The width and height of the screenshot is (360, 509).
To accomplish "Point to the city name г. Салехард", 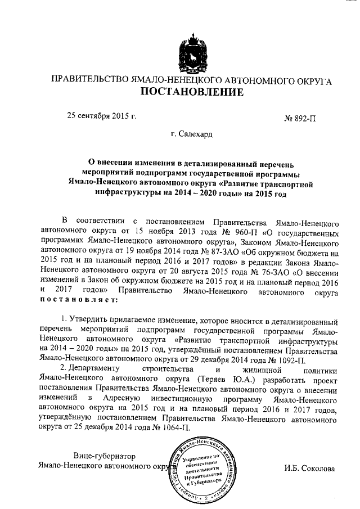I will tap(192, 135).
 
